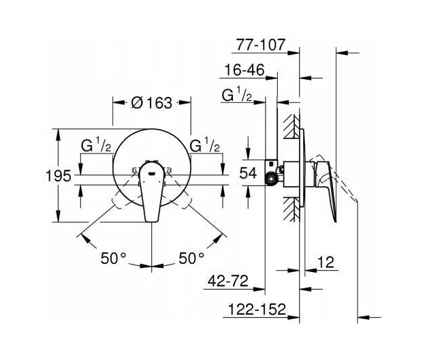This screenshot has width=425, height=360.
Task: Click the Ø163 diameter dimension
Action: [151, 103]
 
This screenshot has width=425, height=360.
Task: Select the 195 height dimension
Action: [59, 176]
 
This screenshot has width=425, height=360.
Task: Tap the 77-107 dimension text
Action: [261, 44]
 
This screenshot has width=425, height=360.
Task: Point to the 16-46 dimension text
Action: [245, 70]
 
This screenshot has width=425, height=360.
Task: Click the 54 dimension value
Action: [248, 172]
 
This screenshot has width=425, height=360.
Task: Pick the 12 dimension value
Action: [326, 262]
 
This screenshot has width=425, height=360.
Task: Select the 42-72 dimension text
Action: [228, 281]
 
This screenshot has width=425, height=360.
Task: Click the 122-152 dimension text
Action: [257, 309]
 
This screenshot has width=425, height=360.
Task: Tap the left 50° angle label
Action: [114, 258]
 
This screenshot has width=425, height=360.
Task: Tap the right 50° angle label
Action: [191, 258]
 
